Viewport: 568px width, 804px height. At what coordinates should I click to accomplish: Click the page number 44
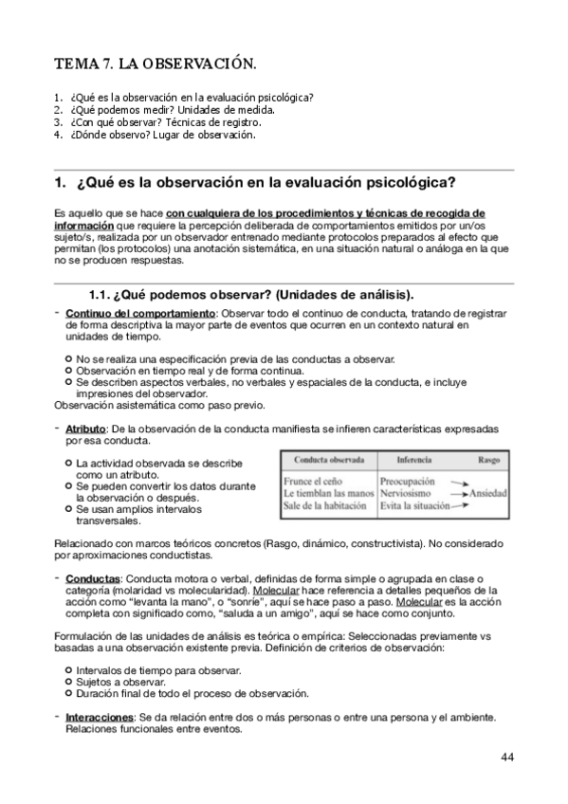coord(507,757)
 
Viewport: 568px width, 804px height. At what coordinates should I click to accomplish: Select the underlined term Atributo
coord(85,429)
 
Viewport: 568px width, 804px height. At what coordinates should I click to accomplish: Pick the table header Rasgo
coord(489,459)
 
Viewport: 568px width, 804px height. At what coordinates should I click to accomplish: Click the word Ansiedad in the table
coord(488,494)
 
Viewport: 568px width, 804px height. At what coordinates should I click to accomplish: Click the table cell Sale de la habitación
coord(329,506)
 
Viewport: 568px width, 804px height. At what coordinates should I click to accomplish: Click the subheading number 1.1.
coord(101,293)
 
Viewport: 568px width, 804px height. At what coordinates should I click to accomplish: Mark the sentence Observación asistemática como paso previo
coord(159,405)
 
